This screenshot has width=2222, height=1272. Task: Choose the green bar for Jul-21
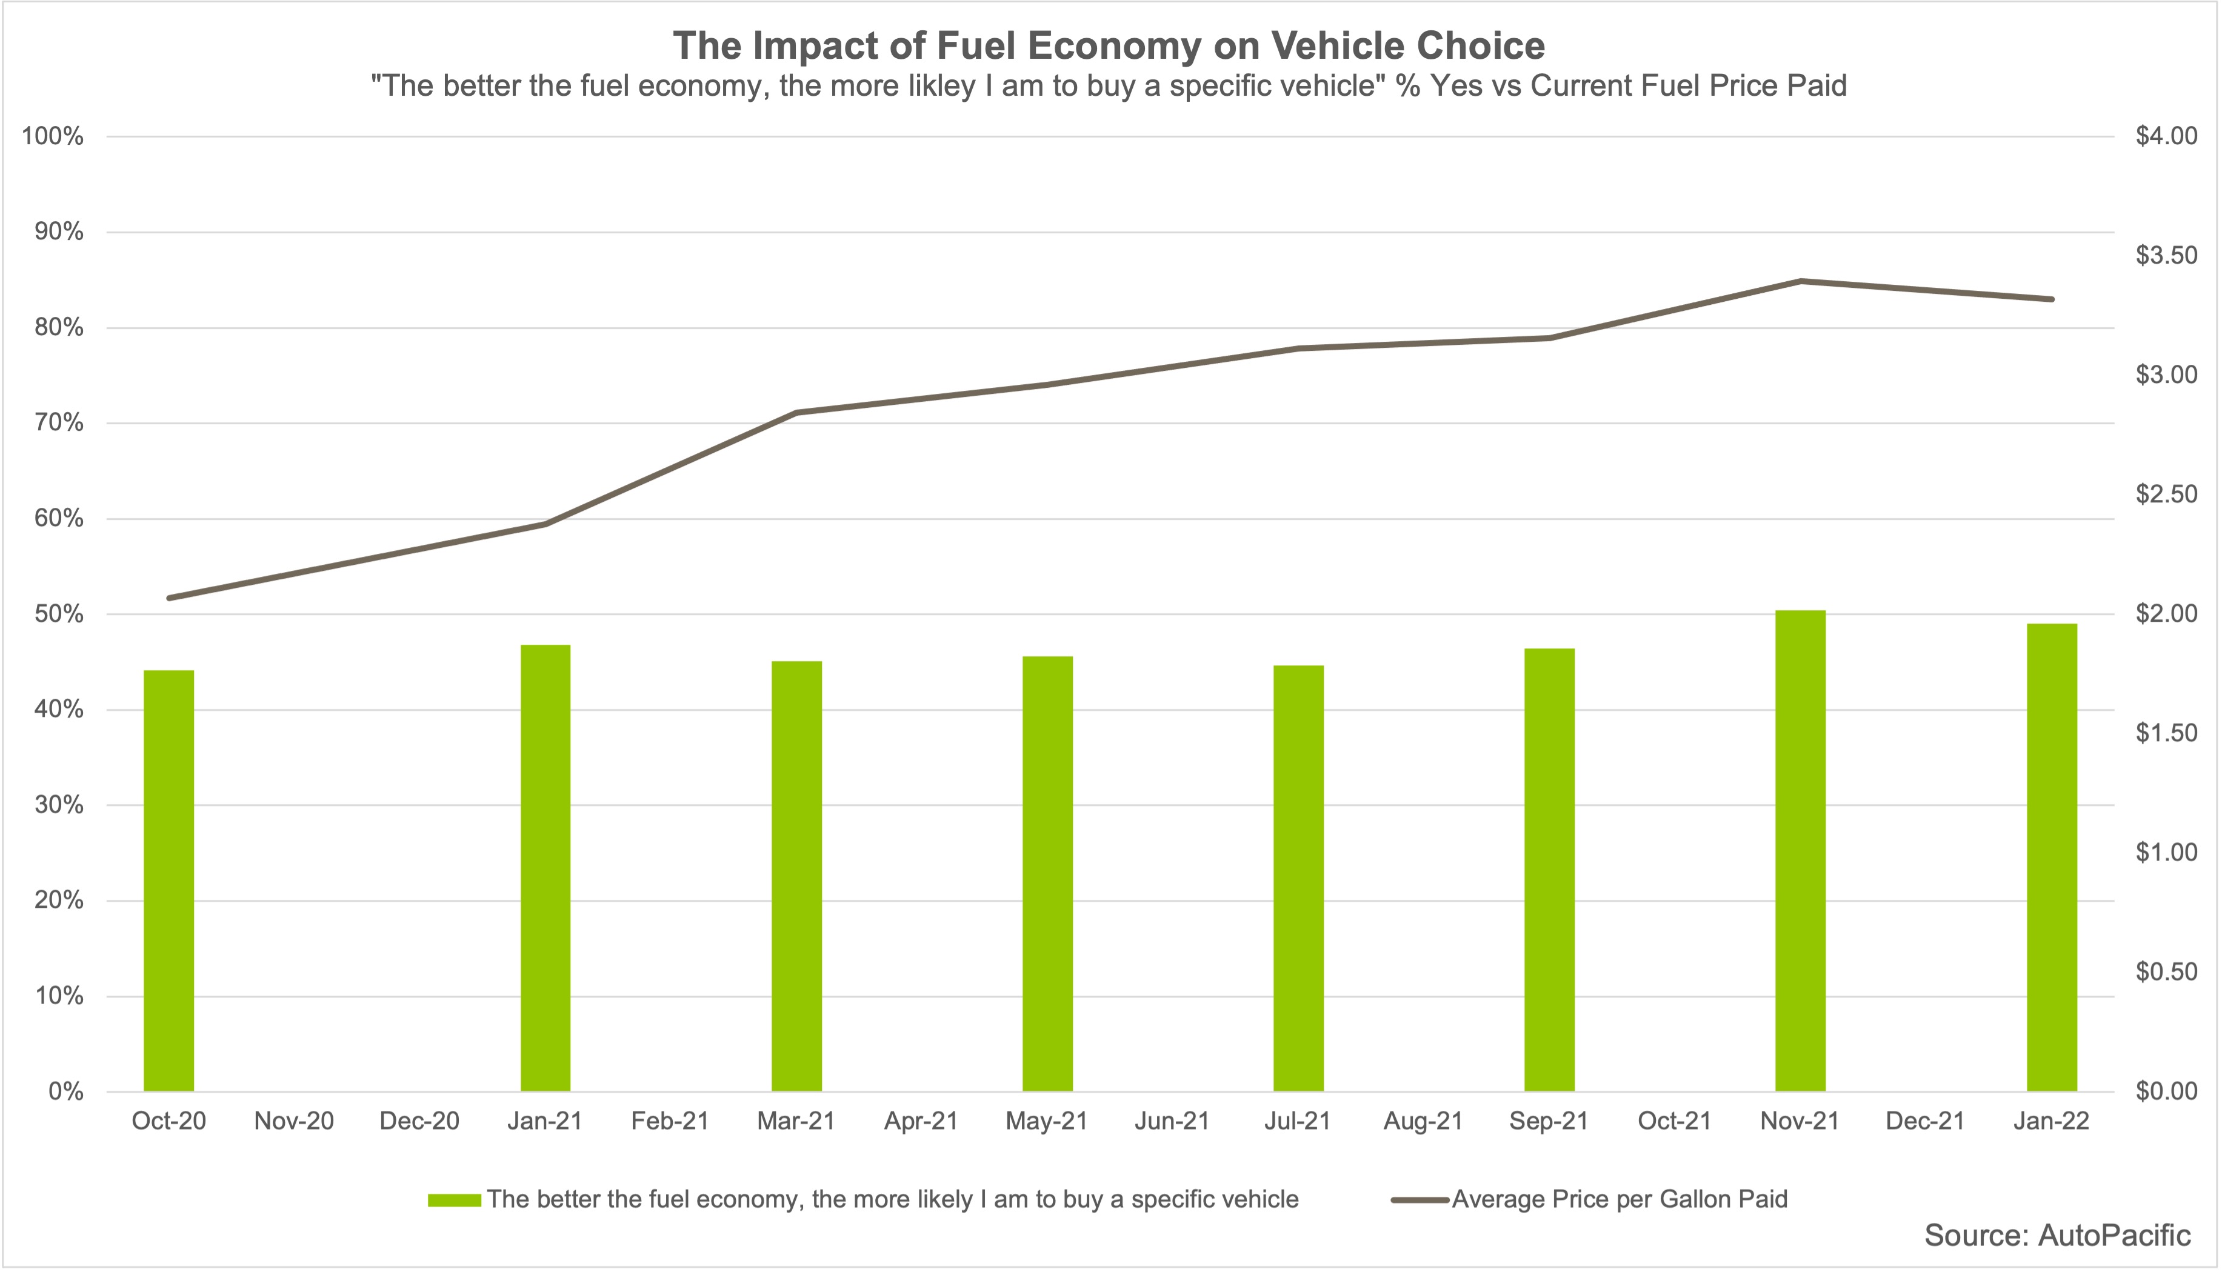[1298, 878]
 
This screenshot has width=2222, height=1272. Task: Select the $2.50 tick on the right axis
[2166, 494]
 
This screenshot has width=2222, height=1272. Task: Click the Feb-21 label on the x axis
[670, 1121]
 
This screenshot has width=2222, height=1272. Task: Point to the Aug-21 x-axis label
[1423, 1121]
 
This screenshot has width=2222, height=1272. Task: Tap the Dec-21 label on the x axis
[1925, 1121]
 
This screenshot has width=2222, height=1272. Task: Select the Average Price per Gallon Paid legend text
[1619, 1199]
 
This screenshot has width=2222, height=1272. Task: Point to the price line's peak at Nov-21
[1801, 281]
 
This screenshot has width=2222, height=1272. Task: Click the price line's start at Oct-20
[170, 598]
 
